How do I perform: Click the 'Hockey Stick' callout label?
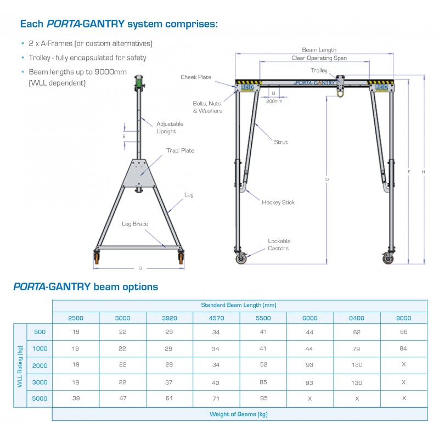pyautogui.click(x=278, y=202)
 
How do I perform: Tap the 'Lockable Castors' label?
pyautogui.click(x=279, y=245)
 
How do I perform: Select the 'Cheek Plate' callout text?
pyautogui.click(x=196, y=77)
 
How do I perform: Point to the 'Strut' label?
pyautogui.click(x=281, y=142)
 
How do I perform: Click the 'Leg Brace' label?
pyautogui.click(x=135, y=224)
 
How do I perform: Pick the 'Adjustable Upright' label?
pyautogui.click(x=170, y=127)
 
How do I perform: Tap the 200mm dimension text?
pyautogui.click(x=274, y=101)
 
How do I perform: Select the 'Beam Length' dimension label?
pyautogui.click(x=319, y=50)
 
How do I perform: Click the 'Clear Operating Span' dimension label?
pyautogui.click(x=319, y=58)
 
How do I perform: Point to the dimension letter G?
pyautogui.click(x=140, y=268)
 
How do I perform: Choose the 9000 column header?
pyautogui.click(x=403, y=318)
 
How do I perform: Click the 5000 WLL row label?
pyautogui.click(x=40, y=398)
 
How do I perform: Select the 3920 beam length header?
pyautogui.click(x=169, y=318)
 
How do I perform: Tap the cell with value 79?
pyautogui.click(x=357, y=348)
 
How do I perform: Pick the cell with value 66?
pyautogui.click(x=403, y=331)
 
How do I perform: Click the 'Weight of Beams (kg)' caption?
pyautogui.click(x=239, y=414)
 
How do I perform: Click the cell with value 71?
pyautogui.click(x=216, y=398)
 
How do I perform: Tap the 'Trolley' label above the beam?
pyautogui.click(x=319, y=71)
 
